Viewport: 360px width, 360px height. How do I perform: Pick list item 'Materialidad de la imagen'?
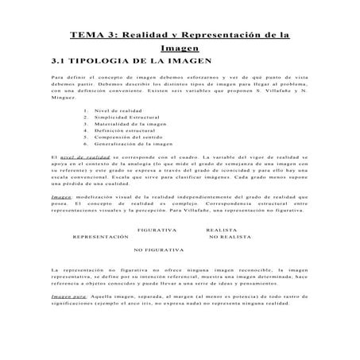point(132,132)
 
